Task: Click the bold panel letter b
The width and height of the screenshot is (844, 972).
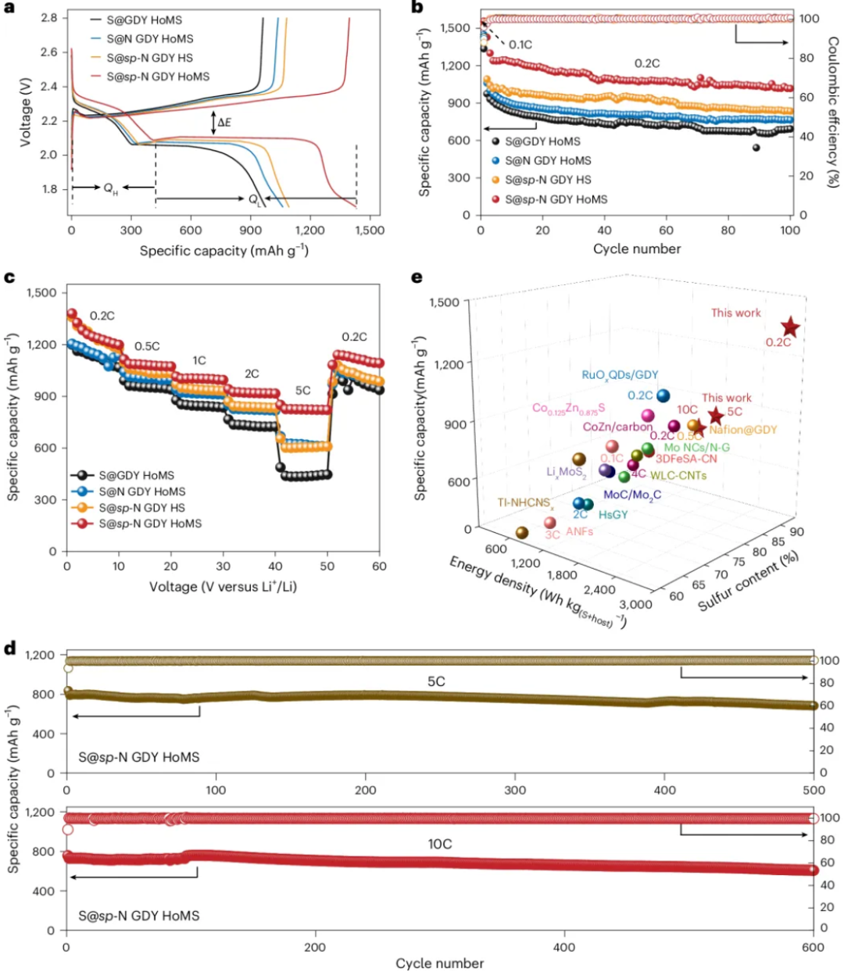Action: (417, 8)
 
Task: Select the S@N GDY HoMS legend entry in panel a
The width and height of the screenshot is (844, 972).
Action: (149, 38)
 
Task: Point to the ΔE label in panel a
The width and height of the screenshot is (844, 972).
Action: (224, 123)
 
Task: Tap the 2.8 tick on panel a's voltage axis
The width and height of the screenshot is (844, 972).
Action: (49, 18)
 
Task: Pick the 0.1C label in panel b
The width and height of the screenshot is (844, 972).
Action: (520, 45)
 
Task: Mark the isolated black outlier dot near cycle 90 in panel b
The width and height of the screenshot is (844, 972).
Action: (756, 147)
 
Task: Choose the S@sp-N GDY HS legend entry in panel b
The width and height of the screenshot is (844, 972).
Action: (547, 180)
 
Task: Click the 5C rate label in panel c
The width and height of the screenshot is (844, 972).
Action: (302, 391)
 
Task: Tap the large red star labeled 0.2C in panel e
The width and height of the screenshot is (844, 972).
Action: (790, 327)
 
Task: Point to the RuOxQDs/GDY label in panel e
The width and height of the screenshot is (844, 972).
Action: (620, 375)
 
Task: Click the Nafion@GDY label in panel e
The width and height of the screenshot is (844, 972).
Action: (743, 430)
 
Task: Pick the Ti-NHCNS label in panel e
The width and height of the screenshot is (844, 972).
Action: (526, 503)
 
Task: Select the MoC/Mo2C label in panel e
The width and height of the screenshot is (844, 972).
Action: (632, 495)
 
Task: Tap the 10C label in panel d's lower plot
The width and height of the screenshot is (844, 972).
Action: (440, 844)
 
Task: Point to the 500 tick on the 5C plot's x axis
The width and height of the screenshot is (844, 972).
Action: (814, 791)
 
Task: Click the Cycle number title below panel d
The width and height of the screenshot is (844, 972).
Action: (440, 963)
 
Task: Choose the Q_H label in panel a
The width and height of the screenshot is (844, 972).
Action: (111, 188)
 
